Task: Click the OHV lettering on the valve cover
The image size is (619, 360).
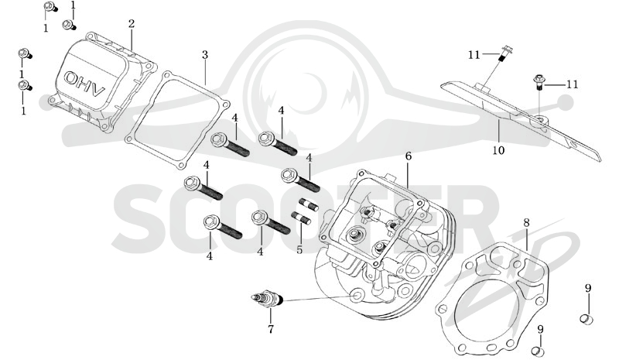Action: point(84,84)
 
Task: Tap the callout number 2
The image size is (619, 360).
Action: point(131,24)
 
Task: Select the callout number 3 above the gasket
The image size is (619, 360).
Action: point(204,55)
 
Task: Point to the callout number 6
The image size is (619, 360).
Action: point(409,156)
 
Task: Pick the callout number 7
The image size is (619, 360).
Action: point(270,328)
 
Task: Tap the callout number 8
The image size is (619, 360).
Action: point(526,223)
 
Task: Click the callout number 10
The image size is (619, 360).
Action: point(498,150)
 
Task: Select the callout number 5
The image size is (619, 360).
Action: point(299,250)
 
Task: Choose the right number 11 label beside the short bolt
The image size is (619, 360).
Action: point(573,84)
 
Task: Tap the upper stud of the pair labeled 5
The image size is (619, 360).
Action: point(309,205)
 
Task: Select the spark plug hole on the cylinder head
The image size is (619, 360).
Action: point(357,295)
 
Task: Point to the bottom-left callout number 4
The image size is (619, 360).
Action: point(209,256)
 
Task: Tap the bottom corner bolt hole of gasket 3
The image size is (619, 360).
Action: point(181,165)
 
